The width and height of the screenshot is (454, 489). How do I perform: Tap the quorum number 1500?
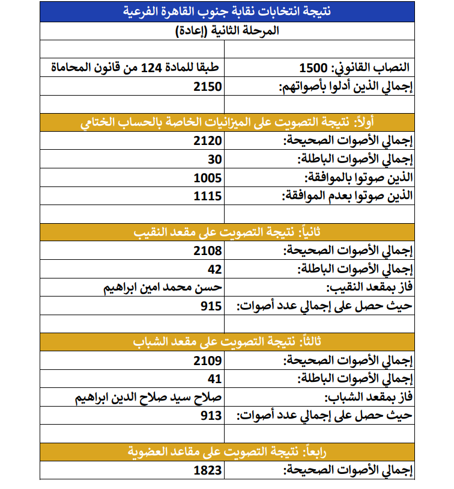click(x=313, y=67)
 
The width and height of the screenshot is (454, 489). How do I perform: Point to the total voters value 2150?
click(x=208, y=86)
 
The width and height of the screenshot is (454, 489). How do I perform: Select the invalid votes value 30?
click(x=215, y=159)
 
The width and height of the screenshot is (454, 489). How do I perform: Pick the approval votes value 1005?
click(x=208, y=177)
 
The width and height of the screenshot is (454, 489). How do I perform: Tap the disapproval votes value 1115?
click(x=208, y=196)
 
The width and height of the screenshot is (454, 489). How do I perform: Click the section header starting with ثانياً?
click(x=228, y=233)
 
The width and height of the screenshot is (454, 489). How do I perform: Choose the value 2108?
click(x=208, y=251)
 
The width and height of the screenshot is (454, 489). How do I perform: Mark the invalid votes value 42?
click(x=215, y=269)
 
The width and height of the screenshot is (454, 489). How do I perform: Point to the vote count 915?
click(x=211, y=306)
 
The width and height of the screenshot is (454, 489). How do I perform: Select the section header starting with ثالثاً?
click(x=228, y=342)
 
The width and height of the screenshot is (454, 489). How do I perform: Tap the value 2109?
click(x=208, y=361)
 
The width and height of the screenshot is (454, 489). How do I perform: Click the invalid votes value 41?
click(x=215, y=379)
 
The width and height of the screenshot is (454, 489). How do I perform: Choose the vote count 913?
click(x=211, y=416)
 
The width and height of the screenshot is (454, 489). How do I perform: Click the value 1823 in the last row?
click(x=208, y=470)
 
